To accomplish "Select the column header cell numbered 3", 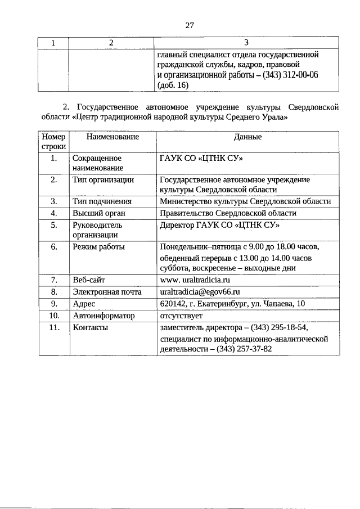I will tap(247, 43).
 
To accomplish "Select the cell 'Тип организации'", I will tap(103, 180).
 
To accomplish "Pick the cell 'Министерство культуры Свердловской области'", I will tap(245, 201).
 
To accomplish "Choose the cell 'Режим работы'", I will tap(99, 247).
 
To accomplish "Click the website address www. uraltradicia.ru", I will tap(195, 280).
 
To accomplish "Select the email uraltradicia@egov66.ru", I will tap(200, 292).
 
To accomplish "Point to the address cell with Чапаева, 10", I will tap(232, 304).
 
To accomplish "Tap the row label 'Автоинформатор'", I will tap(104, 316).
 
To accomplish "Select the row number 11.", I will tap(54, 327).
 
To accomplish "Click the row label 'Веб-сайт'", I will tap(89, 280).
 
